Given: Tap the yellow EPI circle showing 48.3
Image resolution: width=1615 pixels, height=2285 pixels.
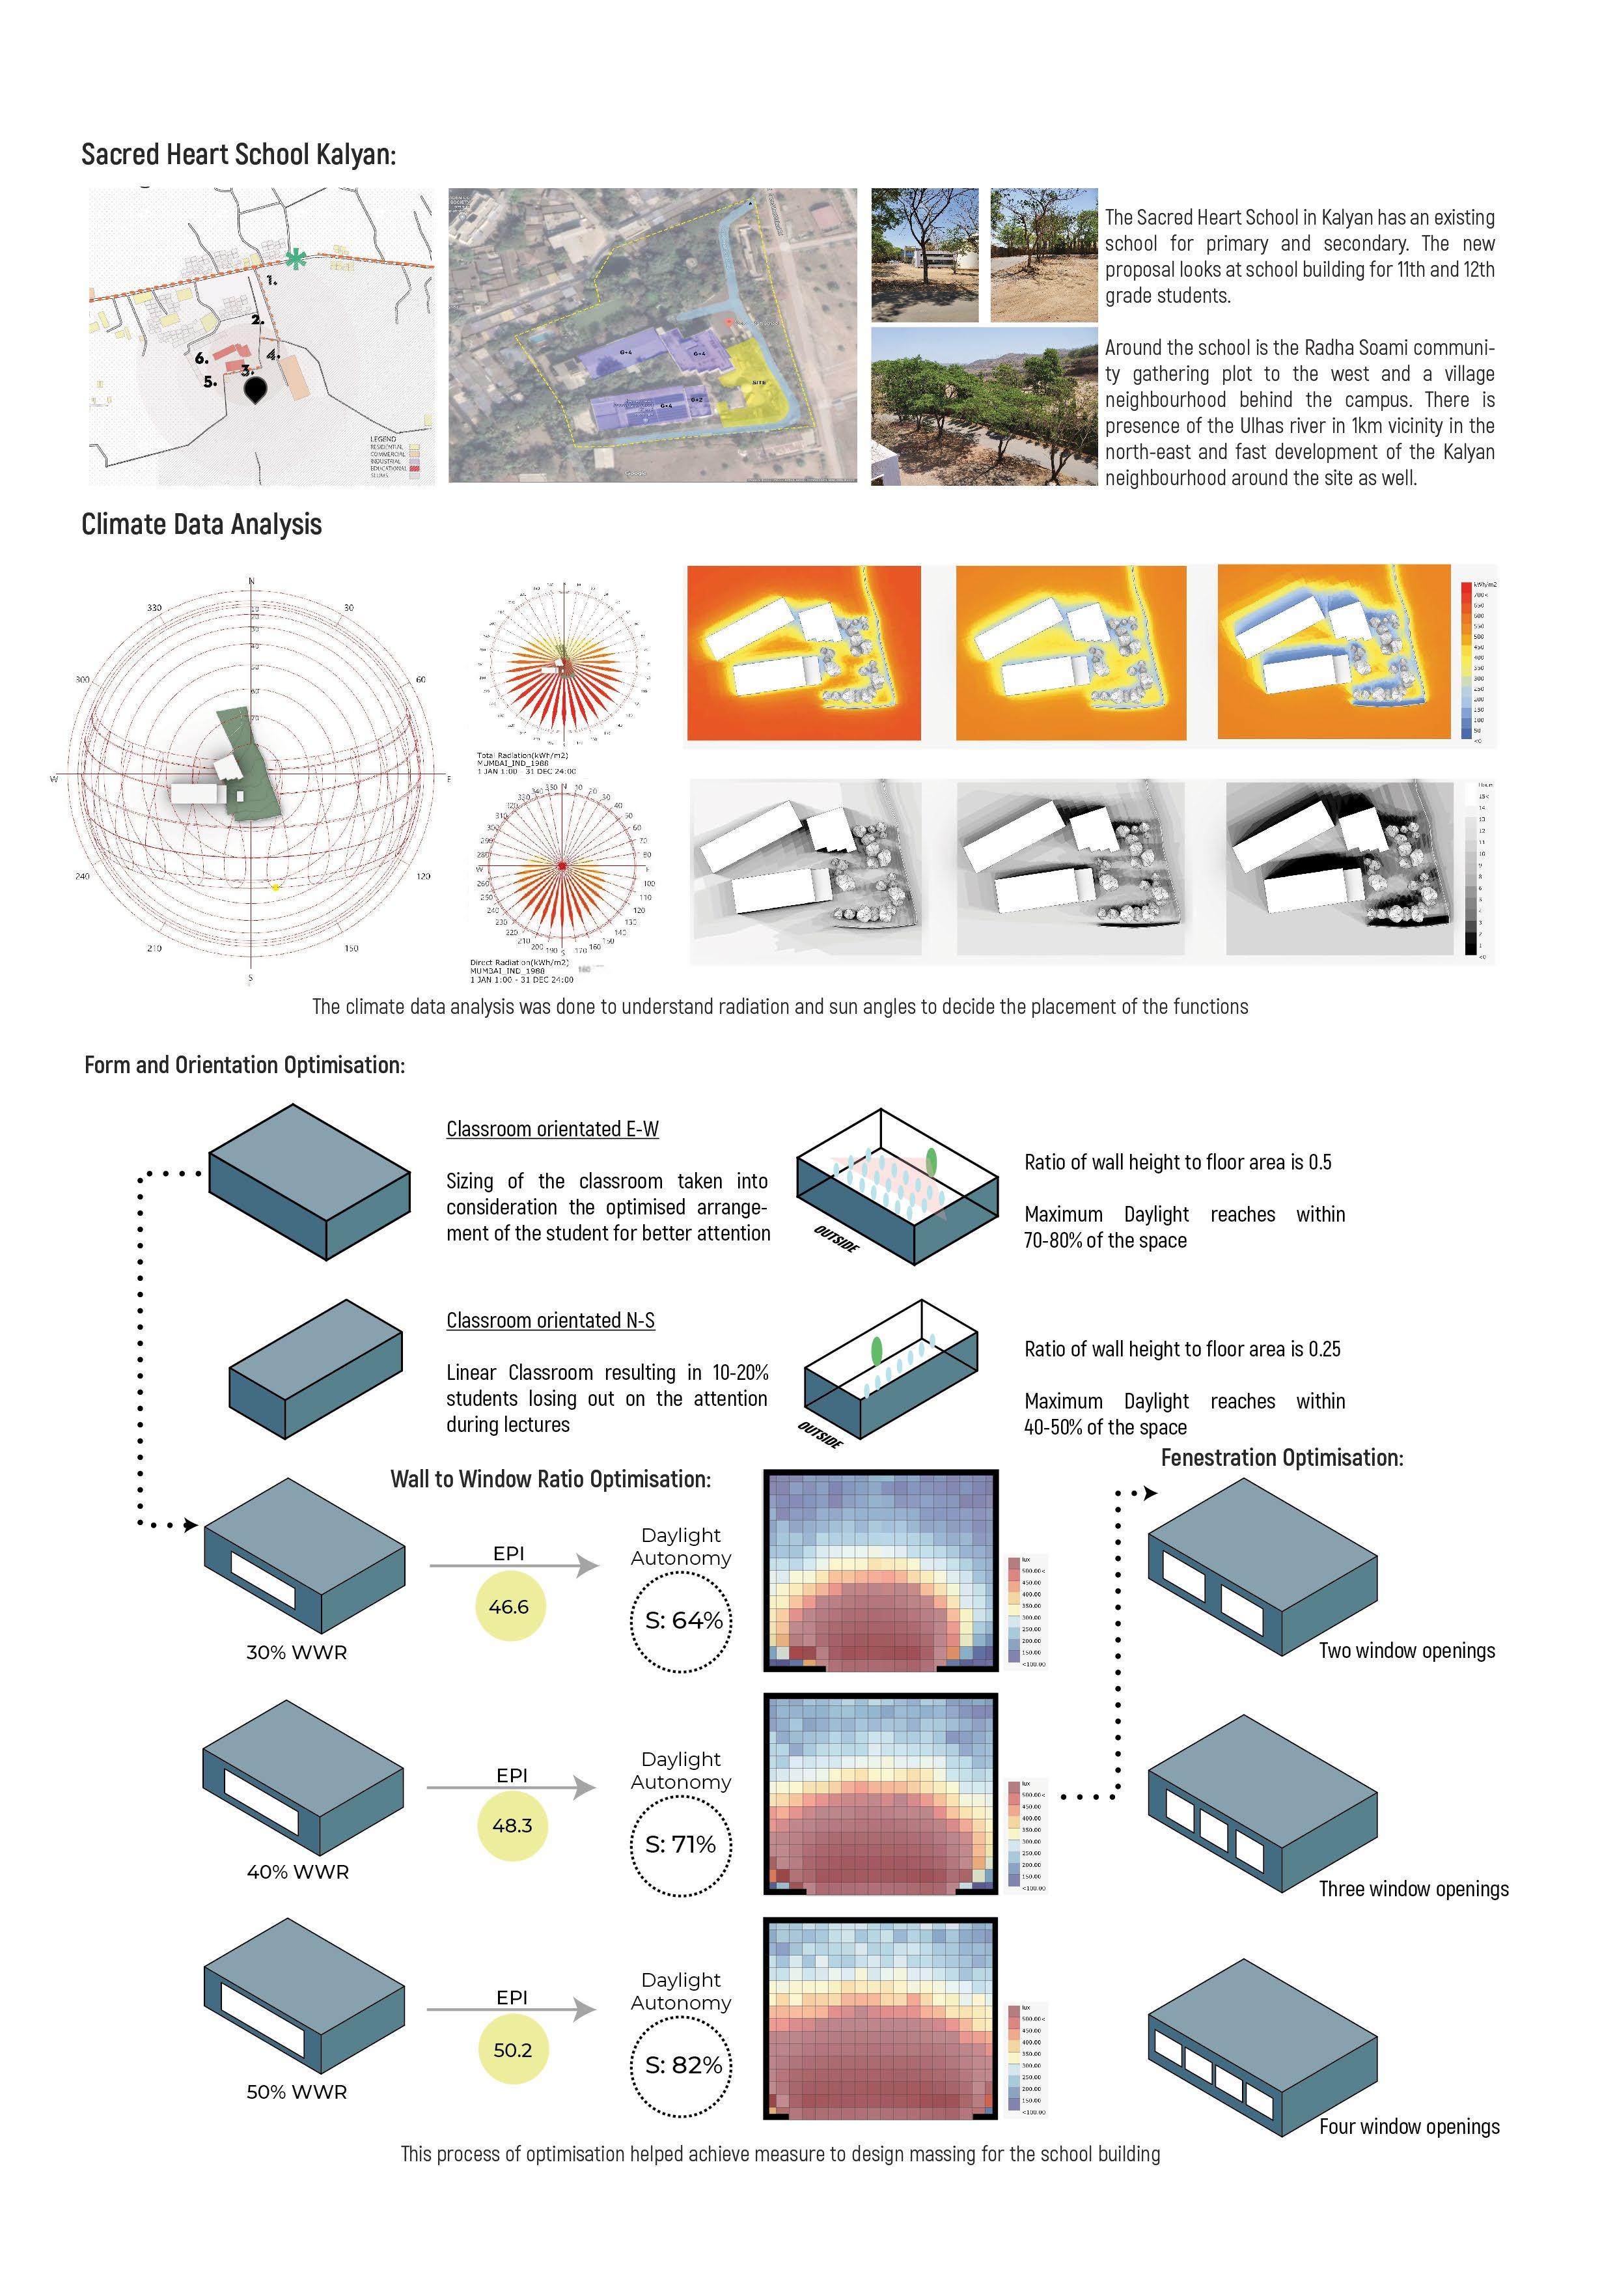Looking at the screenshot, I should point(512,1825).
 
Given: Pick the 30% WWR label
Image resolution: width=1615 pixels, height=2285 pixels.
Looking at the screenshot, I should point(297,1652).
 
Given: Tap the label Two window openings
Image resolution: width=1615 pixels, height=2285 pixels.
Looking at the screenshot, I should point(1406,1650).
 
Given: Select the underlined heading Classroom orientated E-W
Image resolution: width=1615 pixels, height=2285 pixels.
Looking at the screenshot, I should point(552,1128).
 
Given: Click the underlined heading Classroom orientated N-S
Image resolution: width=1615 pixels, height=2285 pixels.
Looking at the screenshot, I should point(550,1320).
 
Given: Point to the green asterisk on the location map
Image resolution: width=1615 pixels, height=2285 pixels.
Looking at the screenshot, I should point(296,259).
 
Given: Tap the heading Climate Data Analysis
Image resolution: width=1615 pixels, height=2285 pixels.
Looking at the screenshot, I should point(201,524).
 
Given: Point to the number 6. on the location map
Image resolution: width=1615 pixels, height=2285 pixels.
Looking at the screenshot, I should point(201,358).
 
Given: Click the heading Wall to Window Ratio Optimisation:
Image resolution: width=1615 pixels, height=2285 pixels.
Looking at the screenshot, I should point(550,1479).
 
